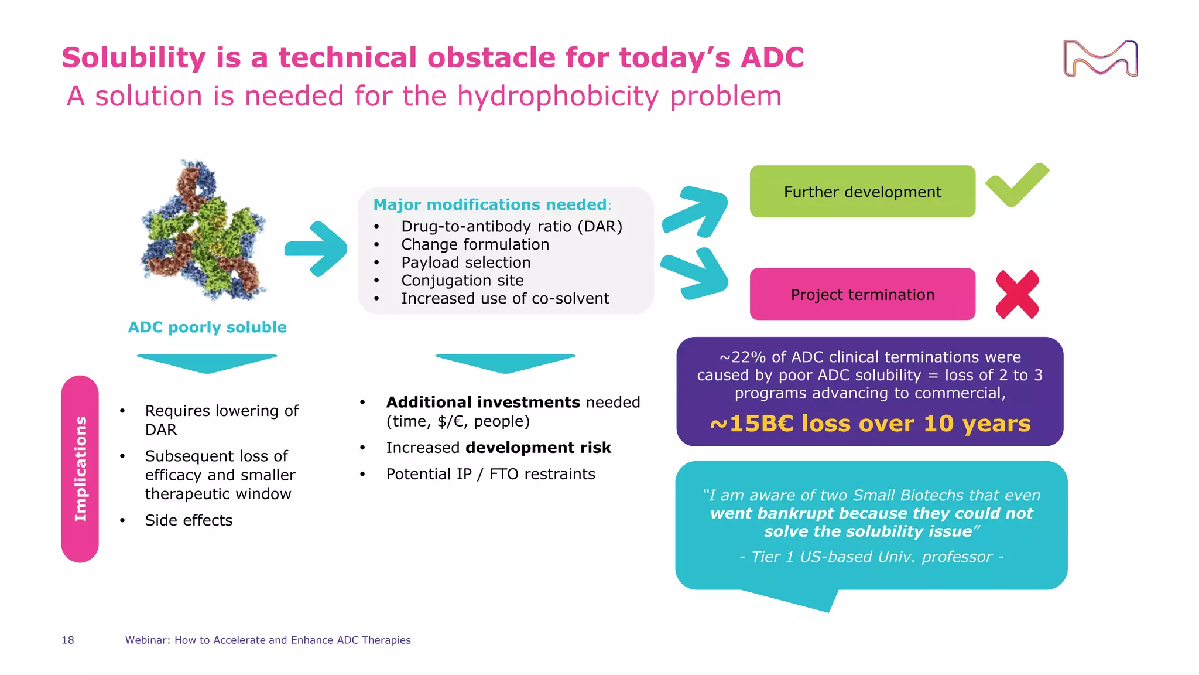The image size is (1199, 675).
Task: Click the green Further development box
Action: pyautogui.click(x=862, y=192)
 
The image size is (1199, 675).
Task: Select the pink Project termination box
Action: pyautogui.click(x=862, y=294)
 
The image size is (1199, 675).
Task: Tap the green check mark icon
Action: pyautogui.click(x=1016, y=186)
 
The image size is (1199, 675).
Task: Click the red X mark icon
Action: pyautogui.click(x=1018, y=295)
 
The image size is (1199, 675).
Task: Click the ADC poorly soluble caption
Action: pyautogui.click(x=207, y=327)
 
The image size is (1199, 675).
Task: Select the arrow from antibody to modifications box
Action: pyautogui.click(x=316, y=248)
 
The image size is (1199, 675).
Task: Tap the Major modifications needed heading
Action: pyautogui.click(x=491, y=204)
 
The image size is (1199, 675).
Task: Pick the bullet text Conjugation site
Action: pyautogui.click(x=462, y=281)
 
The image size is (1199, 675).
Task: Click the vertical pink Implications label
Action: pyautogui.click(x=80, y=469)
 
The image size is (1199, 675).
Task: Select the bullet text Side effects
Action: pyautogui.click(x=189, y=520)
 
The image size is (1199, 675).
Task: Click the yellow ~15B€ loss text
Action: pyautogui.click(x=870, y=424)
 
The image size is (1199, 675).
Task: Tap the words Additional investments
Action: pyautogui.click(x=482, y=403)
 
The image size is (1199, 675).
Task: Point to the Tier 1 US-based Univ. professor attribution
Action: pyautogui.click(x=871, y=557)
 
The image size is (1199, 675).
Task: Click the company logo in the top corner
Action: pyautogui.click(x=1100, y=59)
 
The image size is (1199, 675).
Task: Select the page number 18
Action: pyautogui.click(x=68, y=640)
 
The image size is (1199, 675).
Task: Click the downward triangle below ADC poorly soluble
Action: pyautogui.click(x=207, y=363)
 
